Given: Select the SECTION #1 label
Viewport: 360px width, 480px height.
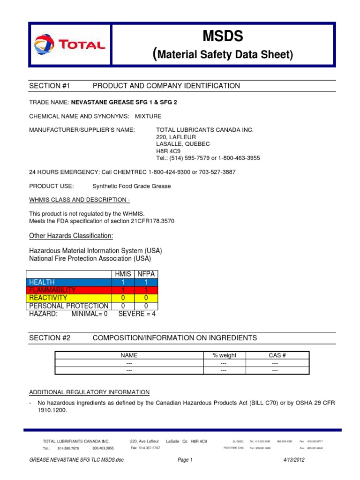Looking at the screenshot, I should (49, 86).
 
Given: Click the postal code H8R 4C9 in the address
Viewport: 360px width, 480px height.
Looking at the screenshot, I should (165, 151).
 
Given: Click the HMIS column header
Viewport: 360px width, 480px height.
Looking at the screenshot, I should (122, 274).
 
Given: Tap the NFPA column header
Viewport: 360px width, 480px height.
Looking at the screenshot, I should (146, 274).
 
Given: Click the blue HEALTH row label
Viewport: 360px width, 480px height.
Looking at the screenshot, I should (42, 282).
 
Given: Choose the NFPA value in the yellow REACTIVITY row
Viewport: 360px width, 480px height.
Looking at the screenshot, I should (146, 298).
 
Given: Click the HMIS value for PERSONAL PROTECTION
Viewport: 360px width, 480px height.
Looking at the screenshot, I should (122, 306).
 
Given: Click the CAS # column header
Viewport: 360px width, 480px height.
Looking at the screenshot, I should (274, 355).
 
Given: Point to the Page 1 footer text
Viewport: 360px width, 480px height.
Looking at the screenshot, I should (185, 460).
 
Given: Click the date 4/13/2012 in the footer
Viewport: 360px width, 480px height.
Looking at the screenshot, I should (294, 460).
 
